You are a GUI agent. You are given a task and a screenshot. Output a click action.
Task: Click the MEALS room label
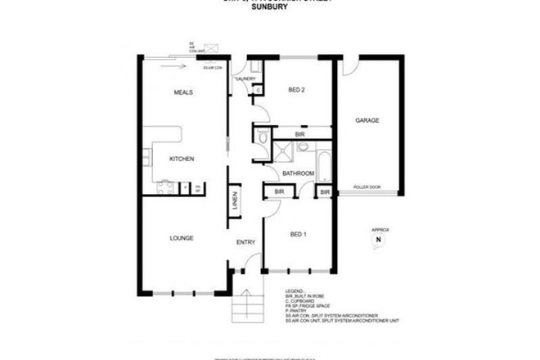[x=182, y=93]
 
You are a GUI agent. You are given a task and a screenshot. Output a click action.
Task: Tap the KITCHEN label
[x=181, y=159]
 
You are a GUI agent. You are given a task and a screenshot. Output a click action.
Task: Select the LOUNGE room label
[x=181, y=239]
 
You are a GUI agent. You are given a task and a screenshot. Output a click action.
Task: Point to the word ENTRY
[x=245, y=243]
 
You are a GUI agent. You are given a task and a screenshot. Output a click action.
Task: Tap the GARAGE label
[x=366, y=120]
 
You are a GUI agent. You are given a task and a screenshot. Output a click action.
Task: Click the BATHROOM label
[x=299, y=173]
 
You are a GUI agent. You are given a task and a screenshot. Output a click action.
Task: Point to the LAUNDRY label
[x=246, y=79]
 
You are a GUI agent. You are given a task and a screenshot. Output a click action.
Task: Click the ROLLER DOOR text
[x=367, y=187]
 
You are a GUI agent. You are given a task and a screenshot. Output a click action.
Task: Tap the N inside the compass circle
[x=378, y=241]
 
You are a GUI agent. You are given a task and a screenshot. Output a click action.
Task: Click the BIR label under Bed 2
[x=299, y=134]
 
